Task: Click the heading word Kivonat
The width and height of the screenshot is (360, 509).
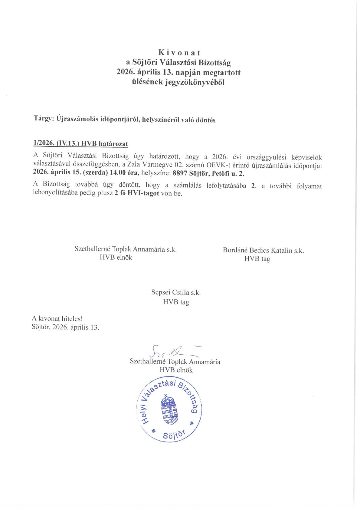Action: [x=179, y=53]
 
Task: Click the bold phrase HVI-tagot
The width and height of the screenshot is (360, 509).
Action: [x=143, y=193]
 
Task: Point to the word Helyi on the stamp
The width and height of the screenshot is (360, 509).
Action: [x=146, y=414]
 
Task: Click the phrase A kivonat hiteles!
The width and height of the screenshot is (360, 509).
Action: [x=57, y=318]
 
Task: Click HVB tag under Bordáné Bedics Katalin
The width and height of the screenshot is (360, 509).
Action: [x=257, y=259]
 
